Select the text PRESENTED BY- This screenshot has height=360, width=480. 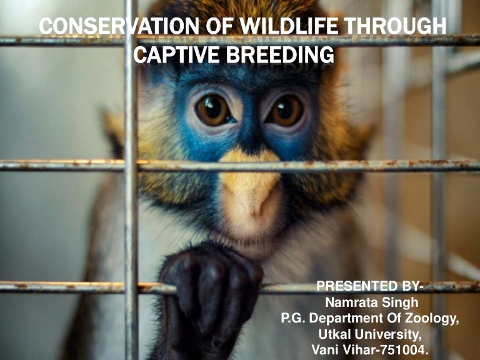(370, 287)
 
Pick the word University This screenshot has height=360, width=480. (387, 334)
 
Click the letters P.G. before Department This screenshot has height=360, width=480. (293, 319)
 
